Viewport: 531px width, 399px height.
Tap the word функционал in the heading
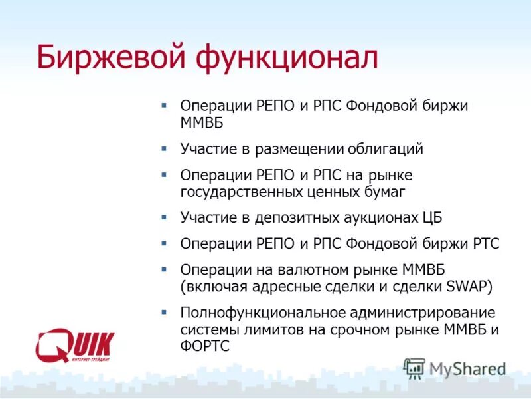click(x=286, y=58)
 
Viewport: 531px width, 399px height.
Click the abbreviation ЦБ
click(x=431, y=217)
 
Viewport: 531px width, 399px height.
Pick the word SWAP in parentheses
click(x=465, y=287)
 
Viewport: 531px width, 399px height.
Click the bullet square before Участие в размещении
click(x=164, y=147)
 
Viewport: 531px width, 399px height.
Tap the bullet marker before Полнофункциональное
click(x=164, y=311)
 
